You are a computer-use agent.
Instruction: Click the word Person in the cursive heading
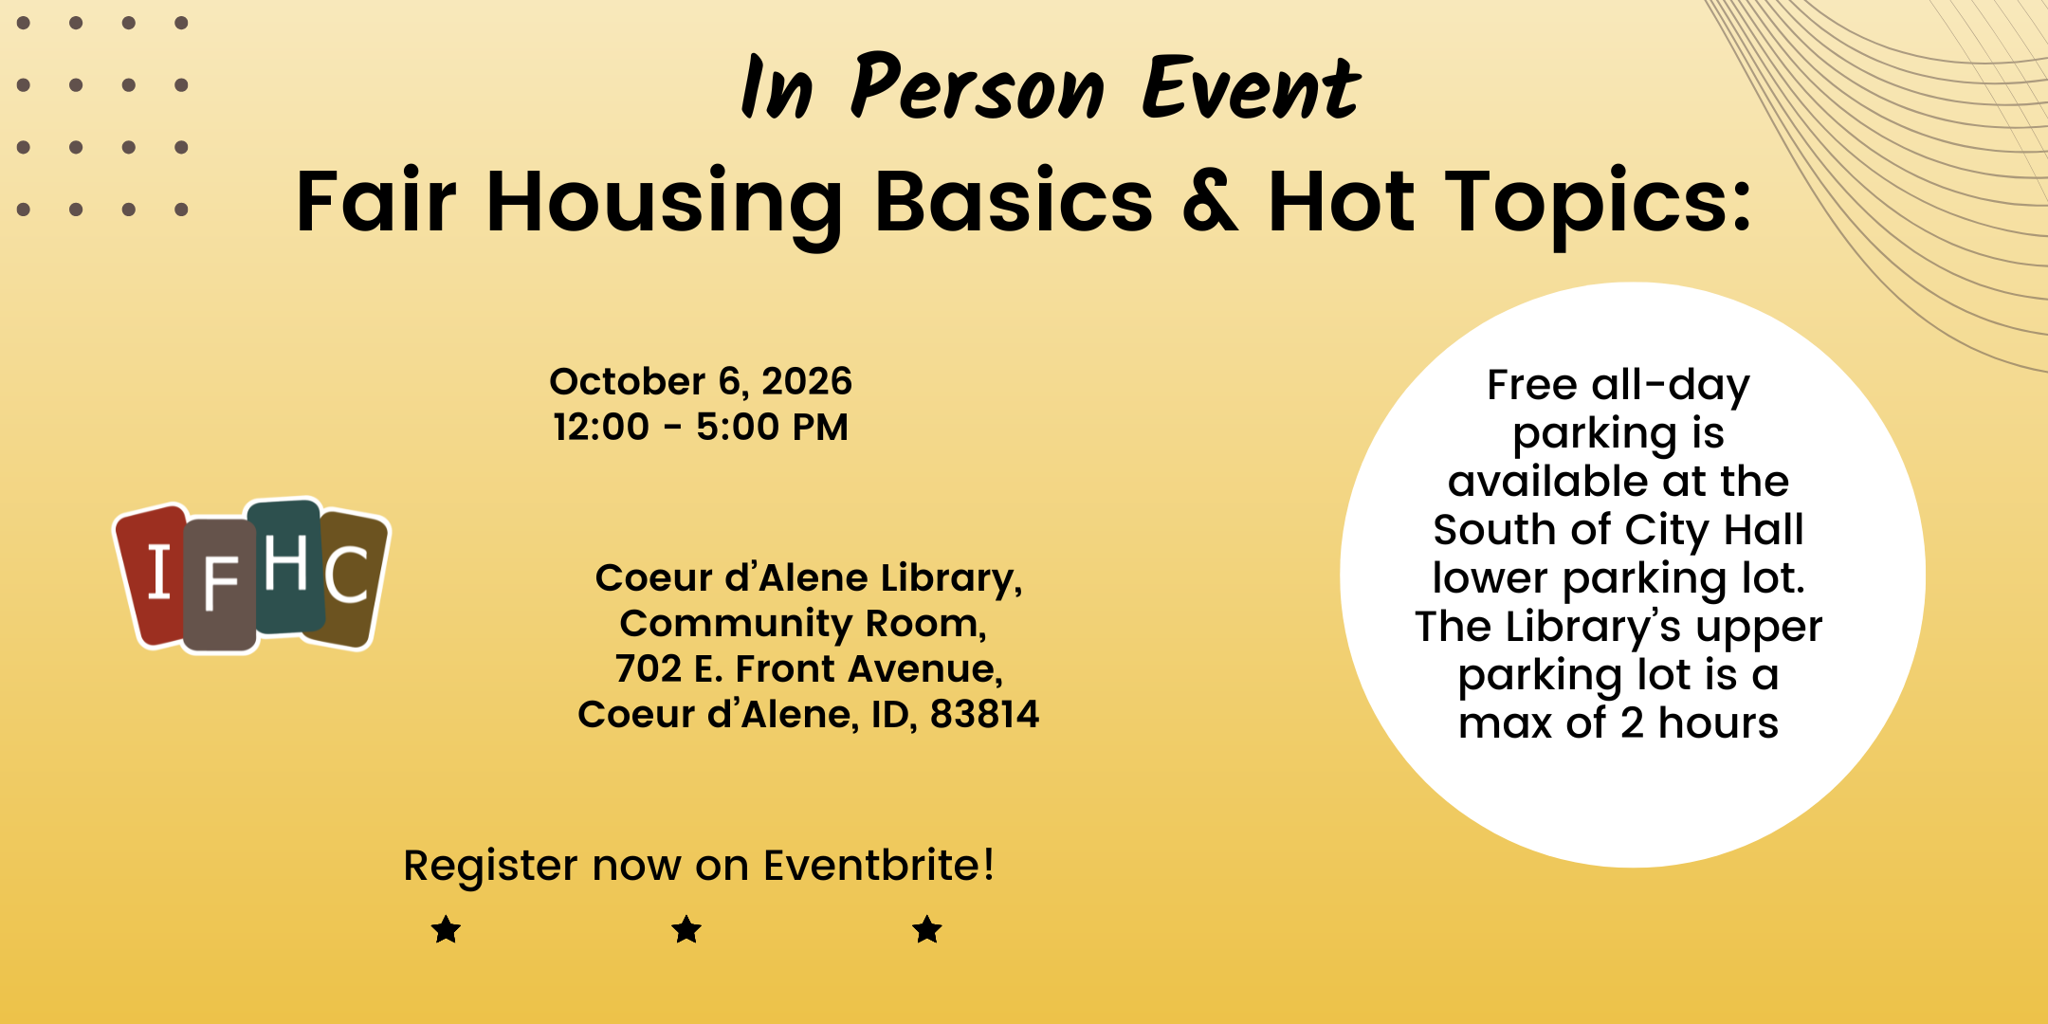click(x=977, y=87)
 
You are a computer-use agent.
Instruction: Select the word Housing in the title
click(x=664, y=205)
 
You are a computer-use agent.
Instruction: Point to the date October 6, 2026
click(x=701, y=381)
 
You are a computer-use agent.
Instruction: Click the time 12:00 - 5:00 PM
click(x=701, y=427)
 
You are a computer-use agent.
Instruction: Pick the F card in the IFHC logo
click(x=220, y=586)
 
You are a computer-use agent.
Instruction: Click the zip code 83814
click(x=984, y=714)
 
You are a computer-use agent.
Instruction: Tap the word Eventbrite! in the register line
click(x=879, y=865)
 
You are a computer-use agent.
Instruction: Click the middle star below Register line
click(x=686, y=929)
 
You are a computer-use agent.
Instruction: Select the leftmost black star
click(x=446, y=929)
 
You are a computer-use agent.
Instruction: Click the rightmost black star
click(x=927, y=929)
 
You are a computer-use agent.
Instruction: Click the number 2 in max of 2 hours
click(x=1632, y=723)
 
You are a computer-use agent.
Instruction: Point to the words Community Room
click(x=802, y=624)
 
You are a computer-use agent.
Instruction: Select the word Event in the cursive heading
click(x=1252, y=87)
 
